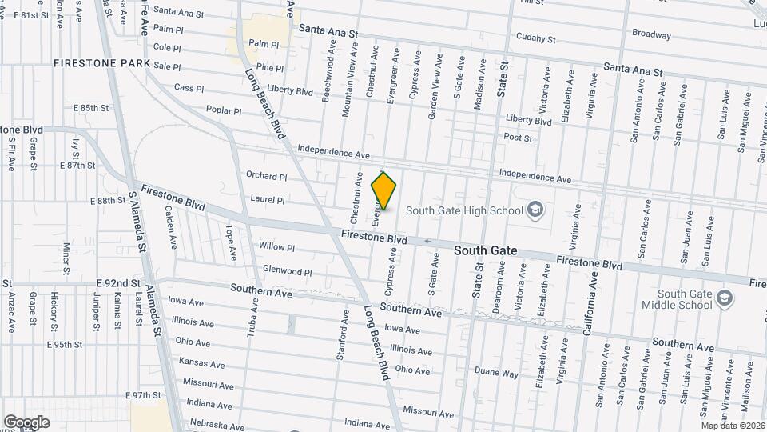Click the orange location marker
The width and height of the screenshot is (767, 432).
pyautogui.click(x=384, y=190)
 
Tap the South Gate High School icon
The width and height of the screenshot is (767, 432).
pyautogui.click(x=535, y=210)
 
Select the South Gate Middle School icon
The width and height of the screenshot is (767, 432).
pyautogui.click(x=724, y=299)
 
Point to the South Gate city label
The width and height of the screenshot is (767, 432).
pyautogui.click(x=486, y=250)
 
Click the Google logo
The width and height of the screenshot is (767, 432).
pyautogui.click(x=26, y=422)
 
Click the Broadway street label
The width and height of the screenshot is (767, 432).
pyautogui.click(x=651, y=34)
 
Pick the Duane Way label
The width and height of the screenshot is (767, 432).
pyautogui.click(x=496, y=374)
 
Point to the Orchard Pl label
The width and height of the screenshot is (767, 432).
pyautogui.click(x=266, y=176)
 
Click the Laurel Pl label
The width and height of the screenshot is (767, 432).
pyautogui.click(x=268, y=201)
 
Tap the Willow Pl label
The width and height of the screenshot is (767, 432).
pyautogui.click(x=277, y=248)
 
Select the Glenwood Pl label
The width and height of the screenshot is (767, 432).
pyautogui.click(x=287, y=272)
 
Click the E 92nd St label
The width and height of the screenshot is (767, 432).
pyautogui.click(x=118, y=283)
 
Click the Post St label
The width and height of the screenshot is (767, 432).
pyautogui.click(x=518, y=138)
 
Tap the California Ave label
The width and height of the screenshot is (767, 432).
pyautogui.click(x=593, y=304)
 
